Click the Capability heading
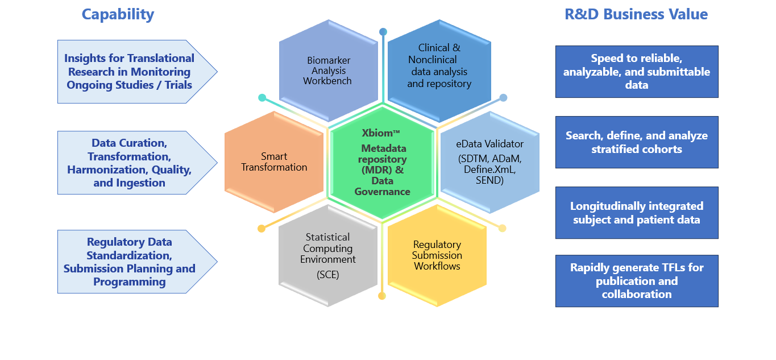(x=118, y=14)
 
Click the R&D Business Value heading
(x=636, y=14)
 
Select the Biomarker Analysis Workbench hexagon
(x=328, y=71)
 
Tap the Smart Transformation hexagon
(x=274, y=162)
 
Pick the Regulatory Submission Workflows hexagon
(x=437, y=255)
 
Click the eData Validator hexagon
(x=489, y=162)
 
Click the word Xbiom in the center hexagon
(x=378, y=133)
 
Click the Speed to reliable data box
(x=636, y=72)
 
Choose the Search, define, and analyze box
(x=636, y=142)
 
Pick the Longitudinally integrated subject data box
(x=636, y=213)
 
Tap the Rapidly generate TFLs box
(x=636, y=281)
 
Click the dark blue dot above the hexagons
(x=383, y=32)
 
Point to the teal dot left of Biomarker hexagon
(x=262, y=98)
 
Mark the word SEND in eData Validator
(x=489, y=180)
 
